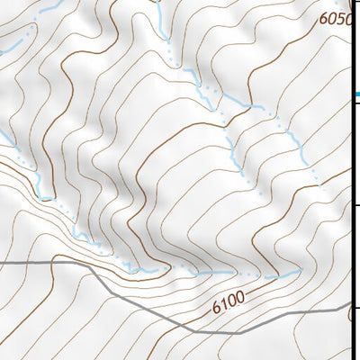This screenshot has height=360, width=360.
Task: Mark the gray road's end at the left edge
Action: coord(2,264)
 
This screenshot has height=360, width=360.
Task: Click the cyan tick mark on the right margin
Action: coord(356,94)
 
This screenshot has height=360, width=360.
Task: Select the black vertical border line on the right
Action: coord(352,180)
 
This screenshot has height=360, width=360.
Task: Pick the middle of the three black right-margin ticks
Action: coord(356,206)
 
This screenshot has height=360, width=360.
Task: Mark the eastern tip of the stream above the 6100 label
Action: coord(301,270)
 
